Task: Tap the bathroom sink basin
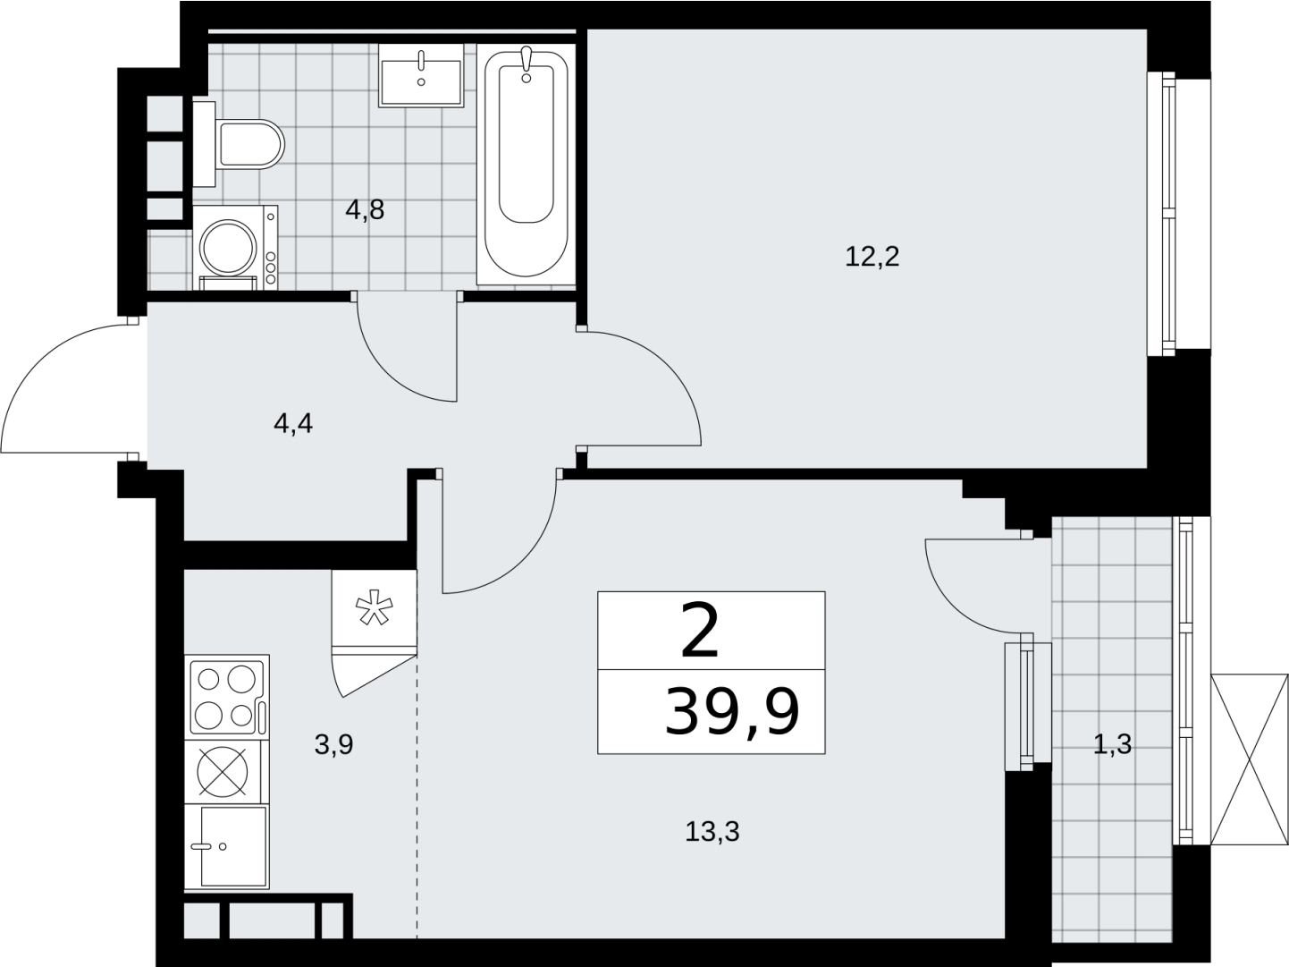click(421, 75)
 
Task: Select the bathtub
click(526, 165)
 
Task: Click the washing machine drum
click(228, 247)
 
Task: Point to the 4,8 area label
click(365, 210)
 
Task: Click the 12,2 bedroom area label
click(872, 257)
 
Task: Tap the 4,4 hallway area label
click(293, 424)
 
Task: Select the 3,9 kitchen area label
click(333, 745)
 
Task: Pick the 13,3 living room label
click(712, 832)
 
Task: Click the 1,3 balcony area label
click(1112, 744)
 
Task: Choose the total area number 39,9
click(732, 712)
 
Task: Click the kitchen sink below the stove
click(227, 846)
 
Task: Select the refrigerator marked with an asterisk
click(374, 612)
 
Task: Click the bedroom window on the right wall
click(1161, 222)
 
